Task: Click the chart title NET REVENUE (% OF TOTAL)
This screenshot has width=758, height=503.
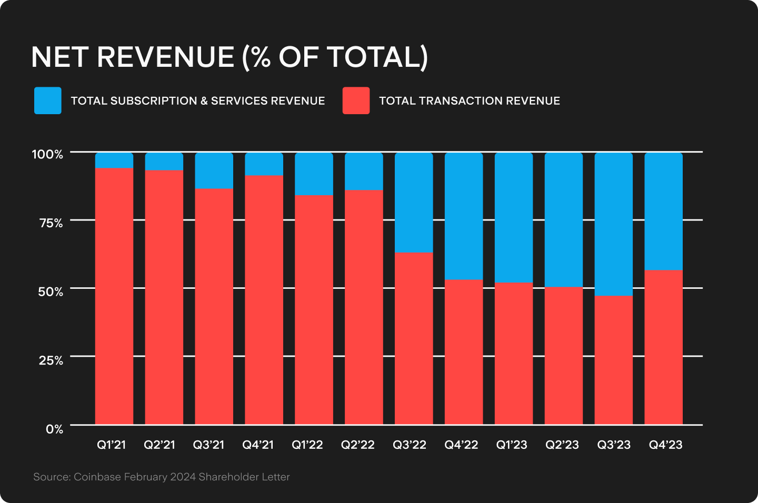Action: [230, 57]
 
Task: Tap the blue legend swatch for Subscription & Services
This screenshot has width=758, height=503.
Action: [48, 100]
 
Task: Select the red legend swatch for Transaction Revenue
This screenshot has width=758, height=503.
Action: [356, 100]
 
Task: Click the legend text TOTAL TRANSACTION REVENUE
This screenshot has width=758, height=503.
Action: [469, 101]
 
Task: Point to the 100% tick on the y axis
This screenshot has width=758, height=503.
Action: [47, 154]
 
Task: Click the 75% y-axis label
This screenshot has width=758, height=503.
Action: [51, 223]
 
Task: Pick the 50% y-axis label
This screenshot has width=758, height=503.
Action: [51, 291]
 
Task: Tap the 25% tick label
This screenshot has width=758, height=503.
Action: [51, 360]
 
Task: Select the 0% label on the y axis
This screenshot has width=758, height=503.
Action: [54, 429]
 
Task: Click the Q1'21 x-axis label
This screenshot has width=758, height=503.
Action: [112, 445]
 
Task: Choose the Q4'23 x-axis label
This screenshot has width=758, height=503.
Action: [665, 445]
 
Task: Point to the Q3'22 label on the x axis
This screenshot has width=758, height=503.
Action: [410, 445]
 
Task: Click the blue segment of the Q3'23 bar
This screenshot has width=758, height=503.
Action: [614, 224]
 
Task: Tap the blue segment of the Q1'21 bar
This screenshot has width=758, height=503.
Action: [114, 160]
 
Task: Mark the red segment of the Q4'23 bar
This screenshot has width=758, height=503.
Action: [664, 347]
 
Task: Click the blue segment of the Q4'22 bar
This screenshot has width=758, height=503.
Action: [464, 216]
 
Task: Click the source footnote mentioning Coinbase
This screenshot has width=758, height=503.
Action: [162, 477]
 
